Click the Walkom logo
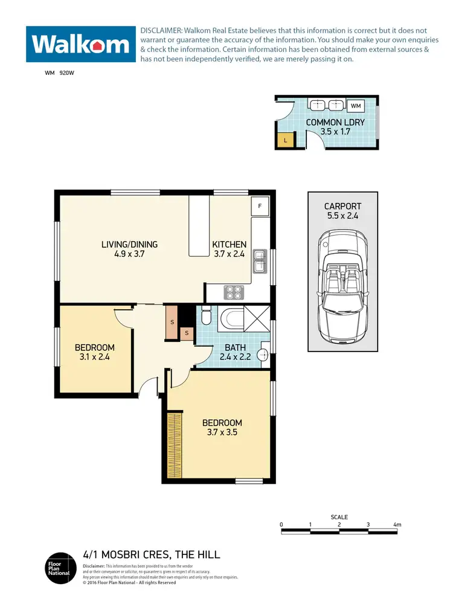click(80, 43)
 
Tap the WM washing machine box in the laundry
click(356, 106)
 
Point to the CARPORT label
click(343, 206)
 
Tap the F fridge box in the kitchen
click(260, 206)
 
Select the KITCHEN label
click(229, 245)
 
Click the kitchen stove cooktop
click(233, 292)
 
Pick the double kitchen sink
click(260, 260)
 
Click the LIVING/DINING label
click(129, 245)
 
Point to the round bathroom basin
click(263, 355)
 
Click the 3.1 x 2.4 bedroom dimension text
click(94, 357)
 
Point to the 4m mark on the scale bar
click(397, 524)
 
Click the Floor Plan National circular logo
click(59, 568)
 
